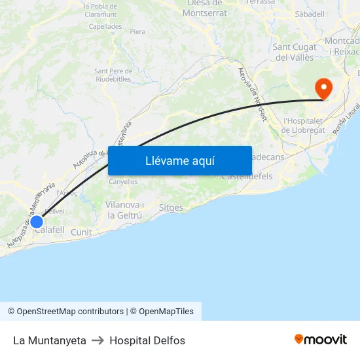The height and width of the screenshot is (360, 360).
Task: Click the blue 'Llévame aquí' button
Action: [180, 160]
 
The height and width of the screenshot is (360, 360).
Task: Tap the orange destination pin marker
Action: [323, 88]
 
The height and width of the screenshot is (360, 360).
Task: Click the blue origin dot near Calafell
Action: [37, 221]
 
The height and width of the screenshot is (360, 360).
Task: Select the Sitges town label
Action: [171, 207]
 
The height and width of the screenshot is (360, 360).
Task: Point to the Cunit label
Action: [81, 232]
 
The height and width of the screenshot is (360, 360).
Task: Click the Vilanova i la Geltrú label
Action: [124, 209]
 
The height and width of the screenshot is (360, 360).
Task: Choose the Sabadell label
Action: [310, 14]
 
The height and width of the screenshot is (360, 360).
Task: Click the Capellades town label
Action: [105, 27]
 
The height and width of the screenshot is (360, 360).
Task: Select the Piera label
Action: [137, 31]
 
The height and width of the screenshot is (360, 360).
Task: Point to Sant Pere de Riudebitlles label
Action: [114, 75]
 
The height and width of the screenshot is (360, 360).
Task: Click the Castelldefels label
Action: [247, 177]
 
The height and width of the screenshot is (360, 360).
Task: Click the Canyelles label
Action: [123, 181]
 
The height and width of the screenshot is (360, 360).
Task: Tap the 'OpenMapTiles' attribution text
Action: [166, 312]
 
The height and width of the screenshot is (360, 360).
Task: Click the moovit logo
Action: [320, 339]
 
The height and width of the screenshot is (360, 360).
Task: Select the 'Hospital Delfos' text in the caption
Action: [147, 340]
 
